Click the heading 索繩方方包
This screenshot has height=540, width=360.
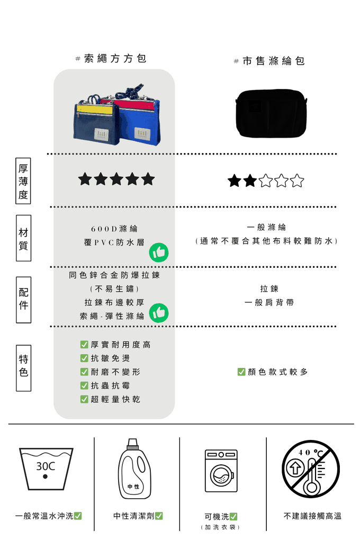coord(115,59)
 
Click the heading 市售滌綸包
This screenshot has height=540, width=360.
coord(274,61)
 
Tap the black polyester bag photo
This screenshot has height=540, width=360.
coord(271,113)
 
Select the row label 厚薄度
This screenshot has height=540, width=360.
coord(23,181)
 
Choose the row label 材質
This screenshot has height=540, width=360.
coord(23,238)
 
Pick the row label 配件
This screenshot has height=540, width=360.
coord(23,300)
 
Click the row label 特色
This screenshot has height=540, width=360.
coord(23,368)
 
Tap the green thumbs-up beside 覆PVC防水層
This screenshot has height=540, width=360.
coord(159,253)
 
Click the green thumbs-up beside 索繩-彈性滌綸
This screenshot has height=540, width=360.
coord(159,313)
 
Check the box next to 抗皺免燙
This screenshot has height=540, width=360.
coord(84,358)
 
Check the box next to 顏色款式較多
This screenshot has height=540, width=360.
coord(241,372)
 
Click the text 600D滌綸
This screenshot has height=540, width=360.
coord(114,229)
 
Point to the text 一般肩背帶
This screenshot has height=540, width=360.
coord(269,303)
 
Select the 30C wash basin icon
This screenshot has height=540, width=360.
coord(46,469)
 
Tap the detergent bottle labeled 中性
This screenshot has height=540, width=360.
coord(134,469)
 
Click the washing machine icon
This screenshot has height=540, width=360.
coord(221,471)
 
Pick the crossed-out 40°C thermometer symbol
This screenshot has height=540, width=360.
coord(311,469)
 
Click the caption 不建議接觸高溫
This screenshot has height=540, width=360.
coord(312,516)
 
